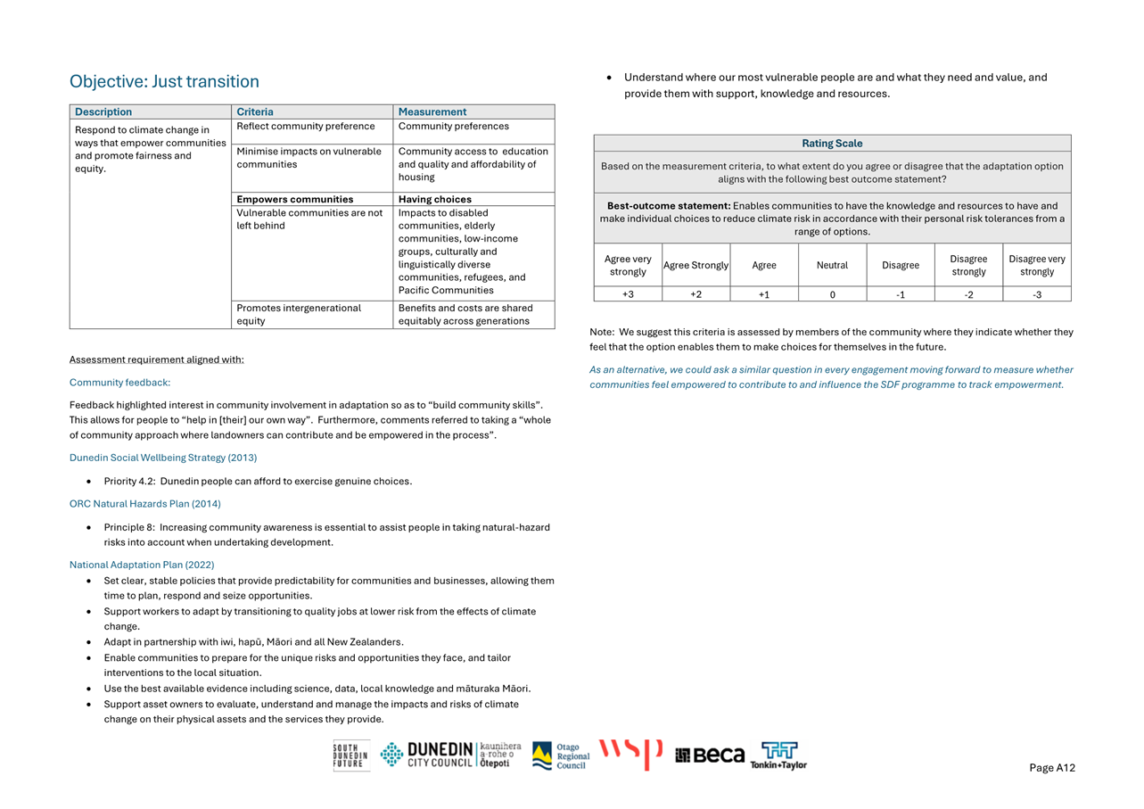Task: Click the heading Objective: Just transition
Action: point(164,81)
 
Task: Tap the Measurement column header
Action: point(432,111)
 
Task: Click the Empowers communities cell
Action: point(295,199)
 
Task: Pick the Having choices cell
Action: point(435,199)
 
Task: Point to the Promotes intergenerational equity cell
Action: point(299,314)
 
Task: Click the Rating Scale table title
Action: point(832,143)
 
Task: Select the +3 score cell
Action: point(628,294)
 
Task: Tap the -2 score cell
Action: point(968,294)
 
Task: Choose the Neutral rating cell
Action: point(832,265)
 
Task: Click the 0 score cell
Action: point(832,294)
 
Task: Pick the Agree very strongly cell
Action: point(628,265)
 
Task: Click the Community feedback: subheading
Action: point(119,383)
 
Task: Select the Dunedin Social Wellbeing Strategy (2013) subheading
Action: point(163,458)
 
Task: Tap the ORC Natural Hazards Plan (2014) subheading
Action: point(145,504)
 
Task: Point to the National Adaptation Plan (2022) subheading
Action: point(142,565)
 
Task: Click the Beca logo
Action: point(710,755)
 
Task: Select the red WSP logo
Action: point(630,754)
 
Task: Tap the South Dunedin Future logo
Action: point(350,755)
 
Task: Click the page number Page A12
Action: point(1052,768)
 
